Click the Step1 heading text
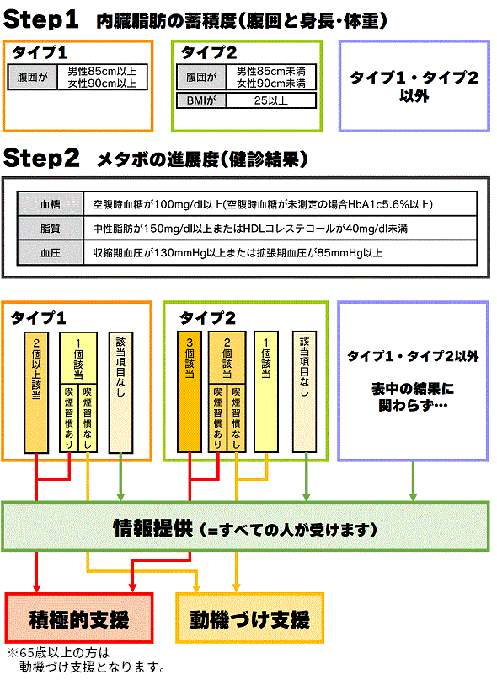coord(41,19)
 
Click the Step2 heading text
coord(41,158)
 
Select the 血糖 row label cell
coord(51,204)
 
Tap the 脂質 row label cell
coord(51,228)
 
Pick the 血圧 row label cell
coord(51,252)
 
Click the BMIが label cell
coord(201,100)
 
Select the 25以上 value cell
coord(271,100)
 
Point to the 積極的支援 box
coord(79,618)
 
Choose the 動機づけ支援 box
coord(250,618)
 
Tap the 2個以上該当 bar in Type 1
coord(36,392)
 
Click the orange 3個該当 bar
coord(190,391)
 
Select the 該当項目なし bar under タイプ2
coord(304,391)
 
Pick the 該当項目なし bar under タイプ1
coord(120,392)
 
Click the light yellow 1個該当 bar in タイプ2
coord(266,391)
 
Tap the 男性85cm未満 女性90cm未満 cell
coord(271,77)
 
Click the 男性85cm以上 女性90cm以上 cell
coord(102,77)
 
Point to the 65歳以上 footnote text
coord(87,660)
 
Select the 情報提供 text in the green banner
coord(152,528)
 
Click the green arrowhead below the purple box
coord(413,497)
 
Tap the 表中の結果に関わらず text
coord(413,397)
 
